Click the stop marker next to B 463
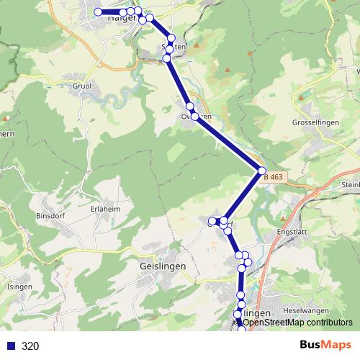[262, 171]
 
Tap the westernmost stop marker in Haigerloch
[99, 12]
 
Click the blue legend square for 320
[11, 346]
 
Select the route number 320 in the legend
[30, 346]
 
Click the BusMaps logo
[325, 345]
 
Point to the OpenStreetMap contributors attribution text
[297, 323]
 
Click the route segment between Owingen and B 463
[229, 144]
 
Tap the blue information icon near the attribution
[238, 323]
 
